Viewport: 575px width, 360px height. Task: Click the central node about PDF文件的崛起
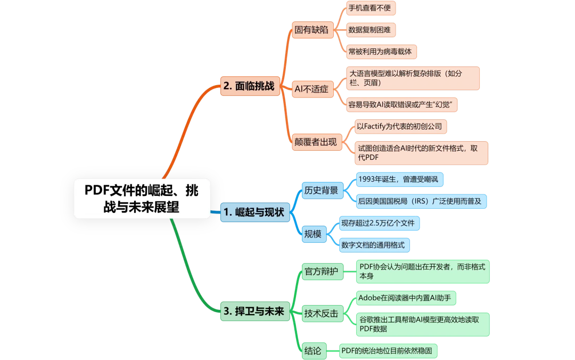pos(142,198)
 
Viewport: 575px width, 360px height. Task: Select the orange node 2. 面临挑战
pos(250,86)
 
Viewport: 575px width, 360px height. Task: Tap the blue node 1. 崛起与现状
pos(253,212)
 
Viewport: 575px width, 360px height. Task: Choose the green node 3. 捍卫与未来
pos(253,312)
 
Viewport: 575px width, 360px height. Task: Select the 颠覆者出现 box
pos(315,142)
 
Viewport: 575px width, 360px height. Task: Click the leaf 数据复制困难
pos(369,30)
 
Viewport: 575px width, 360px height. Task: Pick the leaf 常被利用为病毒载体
pos(380,51)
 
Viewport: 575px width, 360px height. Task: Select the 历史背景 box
pos(321,190)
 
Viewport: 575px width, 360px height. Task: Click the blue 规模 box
pos(313,234)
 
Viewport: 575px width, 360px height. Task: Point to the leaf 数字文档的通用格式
pos(373,245)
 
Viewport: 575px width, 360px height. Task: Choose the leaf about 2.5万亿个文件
pos(377,223)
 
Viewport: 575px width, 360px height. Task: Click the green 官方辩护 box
pos(321,271)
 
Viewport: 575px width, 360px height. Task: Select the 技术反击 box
pos(321,314)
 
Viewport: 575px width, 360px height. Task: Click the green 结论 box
pos(313,351)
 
